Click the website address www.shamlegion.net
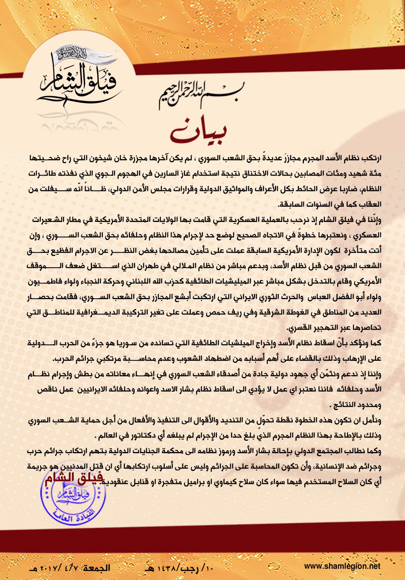(342, 566)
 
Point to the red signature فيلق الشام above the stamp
(74, 478)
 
